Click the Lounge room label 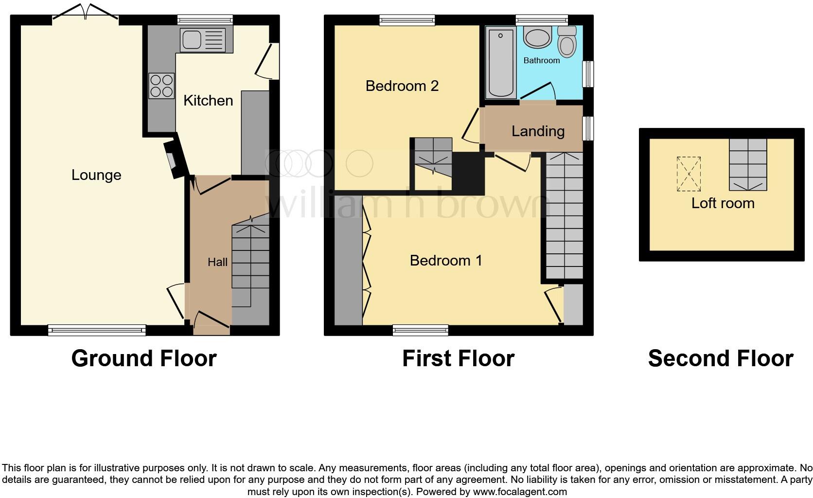pos(96,175)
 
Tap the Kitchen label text pos(208,101)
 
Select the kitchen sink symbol pos(203,39)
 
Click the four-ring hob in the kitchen pos(161,86)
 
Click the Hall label pos(217,262)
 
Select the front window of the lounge pos(97,330)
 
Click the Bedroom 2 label pos(402,86)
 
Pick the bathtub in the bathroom pos(501,62)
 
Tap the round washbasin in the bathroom pos(537,38)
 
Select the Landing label pos(538,131)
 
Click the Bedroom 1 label pos(446,261)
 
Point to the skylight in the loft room pos(689,174)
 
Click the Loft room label pos(723,203)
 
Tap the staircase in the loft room pos(748,164)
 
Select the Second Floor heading pos(721,358)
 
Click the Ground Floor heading pos(144,358)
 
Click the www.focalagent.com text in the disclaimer pos(520,492)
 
